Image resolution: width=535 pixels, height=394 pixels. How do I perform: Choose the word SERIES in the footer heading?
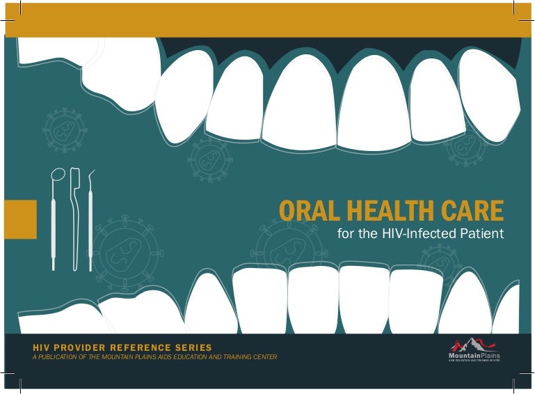click(195, 347)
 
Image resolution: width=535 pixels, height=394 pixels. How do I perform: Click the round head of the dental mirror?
click(58, 175)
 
